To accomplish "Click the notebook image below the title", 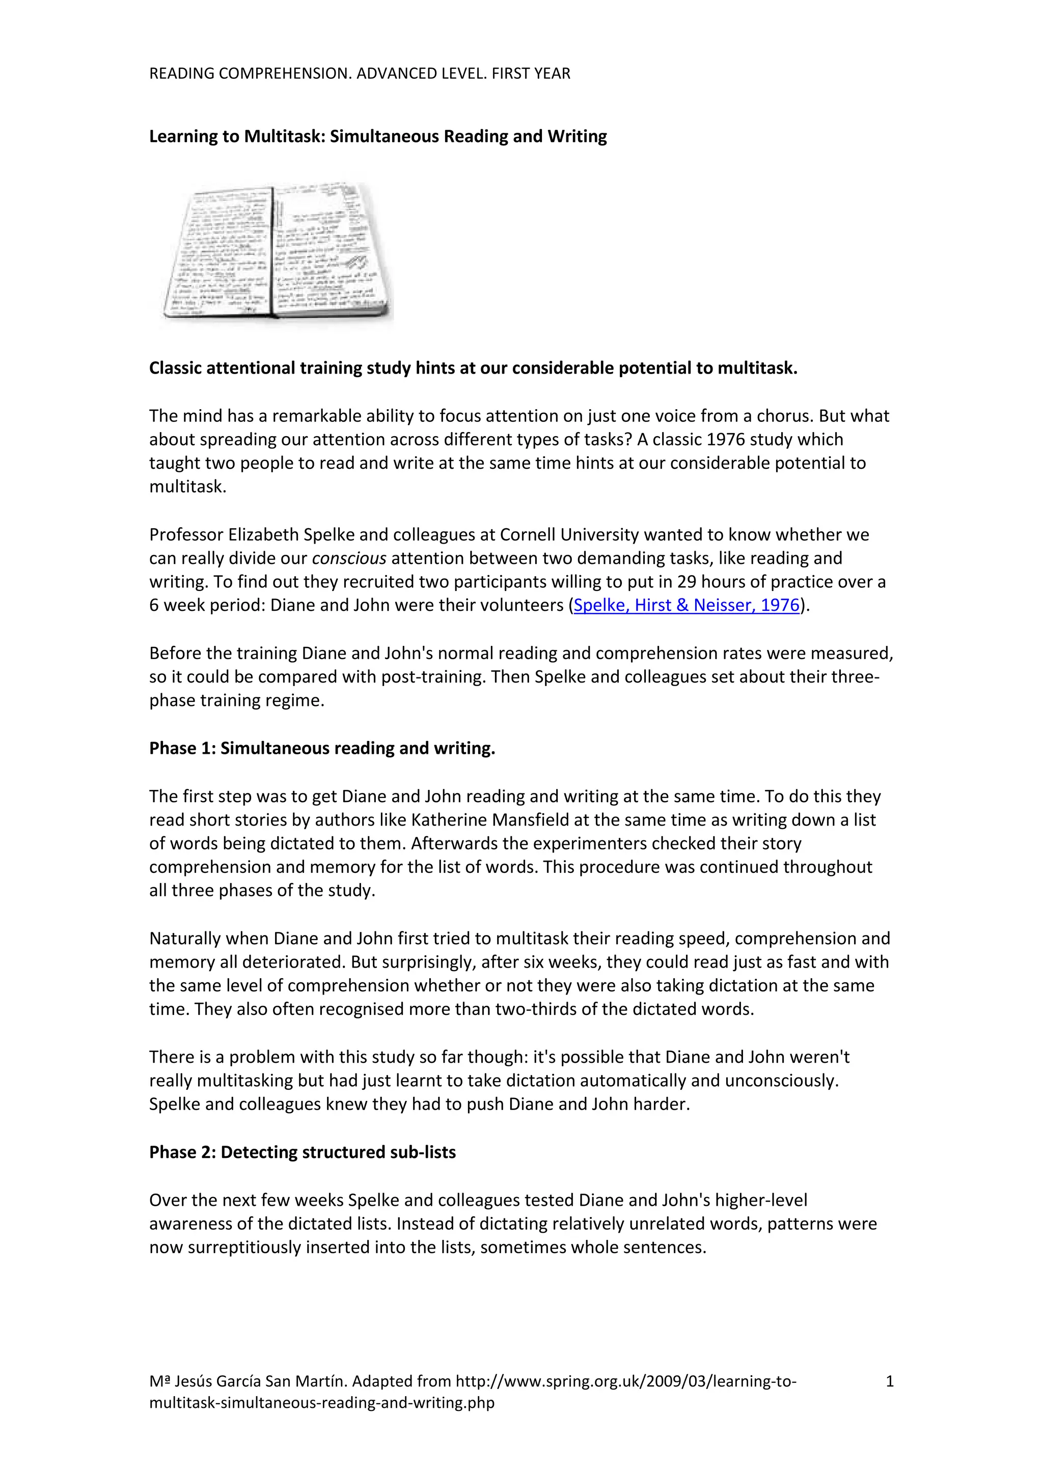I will (x=277, y=252).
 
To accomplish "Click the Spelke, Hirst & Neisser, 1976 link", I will (x=687, y=605).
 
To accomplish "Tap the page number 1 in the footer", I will (x=889, y=1380).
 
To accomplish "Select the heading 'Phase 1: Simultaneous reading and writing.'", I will (x=322, y=748).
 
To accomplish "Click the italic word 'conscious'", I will (x=349, y=558).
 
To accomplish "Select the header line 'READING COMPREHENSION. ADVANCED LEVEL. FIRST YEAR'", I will (x=359, y=74).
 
